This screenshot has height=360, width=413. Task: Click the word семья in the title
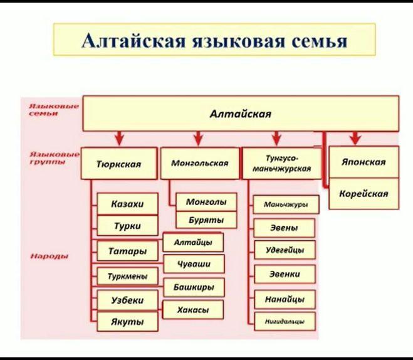319,41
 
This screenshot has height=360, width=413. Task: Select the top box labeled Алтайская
241,114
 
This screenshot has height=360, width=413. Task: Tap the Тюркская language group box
118,164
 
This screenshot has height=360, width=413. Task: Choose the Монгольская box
199,163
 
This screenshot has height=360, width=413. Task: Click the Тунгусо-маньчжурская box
280,163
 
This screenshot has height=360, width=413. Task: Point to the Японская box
363,162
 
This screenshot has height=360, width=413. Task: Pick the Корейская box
363,194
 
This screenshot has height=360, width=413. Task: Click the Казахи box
127,204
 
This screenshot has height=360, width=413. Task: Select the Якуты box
127,322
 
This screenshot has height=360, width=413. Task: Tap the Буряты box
205,220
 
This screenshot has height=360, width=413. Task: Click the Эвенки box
285,274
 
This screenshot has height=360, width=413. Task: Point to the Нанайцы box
285,299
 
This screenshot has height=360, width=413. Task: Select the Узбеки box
127,300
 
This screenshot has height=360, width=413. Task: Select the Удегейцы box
285,250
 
